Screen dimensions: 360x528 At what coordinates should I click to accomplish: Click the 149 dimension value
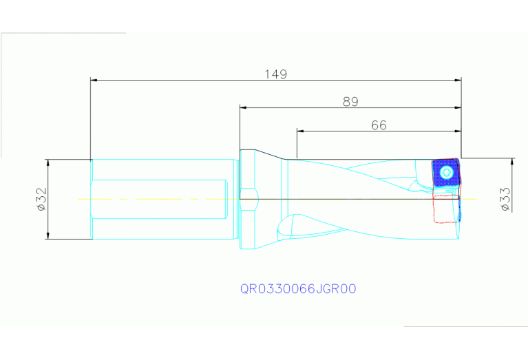click(x=275, y=74)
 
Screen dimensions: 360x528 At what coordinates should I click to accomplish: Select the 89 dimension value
click(x=350, y=101)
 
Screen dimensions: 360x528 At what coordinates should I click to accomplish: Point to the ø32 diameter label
click(x=41, y=200)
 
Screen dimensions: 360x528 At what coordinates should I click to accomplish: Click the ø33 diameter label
click(x=504, y=200)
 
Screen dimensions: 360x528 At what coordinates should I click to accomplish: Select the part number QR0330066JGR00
click(x=297, y=289)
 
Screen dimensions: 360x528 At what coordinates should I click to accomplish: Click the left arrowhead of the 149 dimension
click(x=96, y=80)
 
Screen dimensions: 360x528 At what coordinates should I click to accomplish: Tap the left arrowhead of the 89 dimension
click(x=244, y=107)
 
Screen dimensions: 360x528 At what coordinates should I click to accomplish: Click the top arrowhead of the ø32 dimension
click(x=47, y=163)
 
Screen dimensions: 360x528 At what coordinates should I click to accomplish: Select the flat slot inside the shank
click(x=160, y=200)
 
